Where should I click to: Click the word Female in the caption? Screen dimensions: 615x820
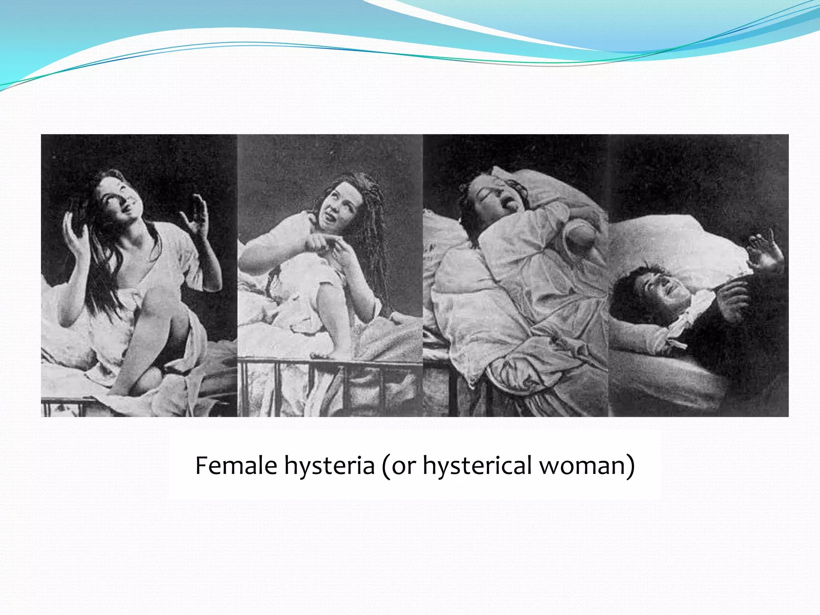click(236, 465)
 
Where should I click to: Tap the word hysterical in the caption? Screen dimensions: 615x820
click(476, 466)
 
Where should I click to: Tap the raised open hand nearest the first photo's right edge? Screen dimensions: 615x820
click(196, 216)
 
